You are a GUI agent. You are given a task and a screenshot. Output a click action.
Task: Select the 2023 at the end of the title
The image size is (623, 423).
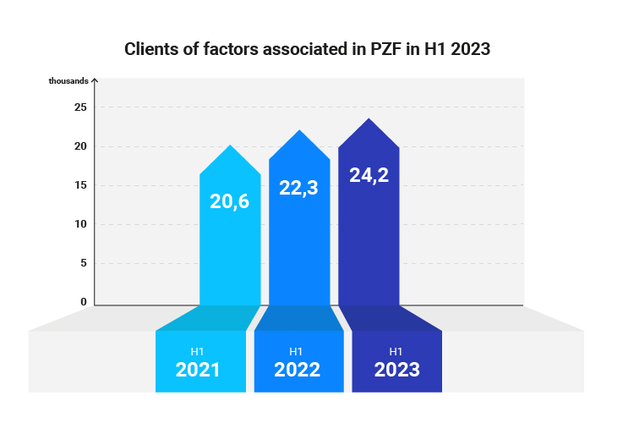click(x=470, y=49)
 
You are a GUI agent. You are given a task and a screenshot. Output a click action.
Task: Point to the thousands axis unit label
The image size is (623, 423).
click(x=68, y=81)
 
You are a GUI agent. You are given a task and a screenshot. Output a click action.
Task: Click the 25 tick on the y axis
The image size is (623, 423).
click(x=80, y=107)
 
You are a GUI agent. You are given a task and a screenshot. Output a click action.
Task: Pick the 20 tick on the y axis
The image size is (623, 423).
click(x=80, y=146)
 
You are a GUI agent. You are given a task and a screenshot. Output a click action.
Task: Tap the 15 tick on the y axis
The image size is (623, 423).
click(x=80, y=185)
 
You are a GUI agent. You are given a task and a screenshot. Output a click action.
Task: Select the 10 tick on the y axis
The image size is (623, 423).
click(x=80, y=224)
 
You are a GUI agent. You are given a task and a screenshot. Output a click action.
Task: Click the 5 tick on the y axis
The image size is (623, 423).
click(x=84, y=263)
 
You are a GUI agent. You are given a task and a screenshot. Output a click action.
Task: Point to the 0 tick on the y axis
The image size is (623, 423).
click(x=84, y=301)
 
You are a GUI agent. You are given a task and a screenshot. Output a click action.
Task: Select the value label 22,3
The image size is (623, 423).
click(x=299, y=188)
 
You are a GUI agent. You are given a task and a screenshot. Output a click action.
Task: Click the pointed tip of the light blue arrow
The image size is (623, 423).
click(x=230, y=146)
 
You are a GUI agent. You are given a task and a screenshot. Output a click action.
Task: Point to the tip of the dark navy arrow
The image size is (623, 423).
click(x=369, y=119)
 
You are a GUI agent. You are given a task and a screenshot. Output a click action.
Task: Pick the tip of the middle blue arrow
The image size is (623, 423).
click(x=299, y=131)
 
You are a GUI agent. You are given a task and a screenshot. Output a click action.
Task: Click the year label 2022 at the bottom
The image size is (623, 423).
click(x=297, y=370)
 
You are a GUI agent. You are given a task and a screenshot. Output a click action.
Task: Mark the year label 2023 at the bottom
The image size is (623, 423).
click(x=396, y=370)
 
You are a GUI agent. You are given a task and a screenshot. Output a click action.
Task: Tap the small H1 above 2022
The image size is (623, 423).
click(x=296, y=351)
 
